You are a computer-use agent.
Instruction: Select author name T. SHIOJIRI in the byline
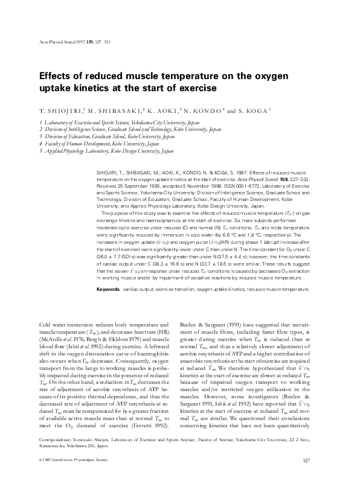click(54, 112)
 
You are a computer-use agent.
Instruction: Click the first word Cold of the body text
click(45, 324)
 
